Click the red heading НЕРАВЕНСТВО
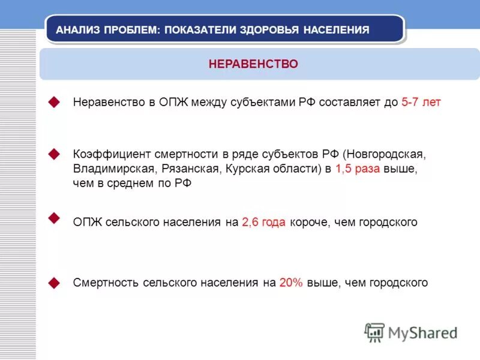253,64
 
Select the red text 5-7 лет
421,102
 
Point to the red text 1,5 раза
358,169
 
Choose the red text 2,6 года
264,222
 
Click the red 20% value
291,283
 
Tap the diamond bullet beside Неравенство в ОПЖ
55,102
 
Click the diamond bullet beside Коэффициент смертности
55,154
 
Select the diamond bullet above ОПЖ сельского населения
55,217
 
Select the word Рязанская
190,169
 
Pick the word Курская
247,169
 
